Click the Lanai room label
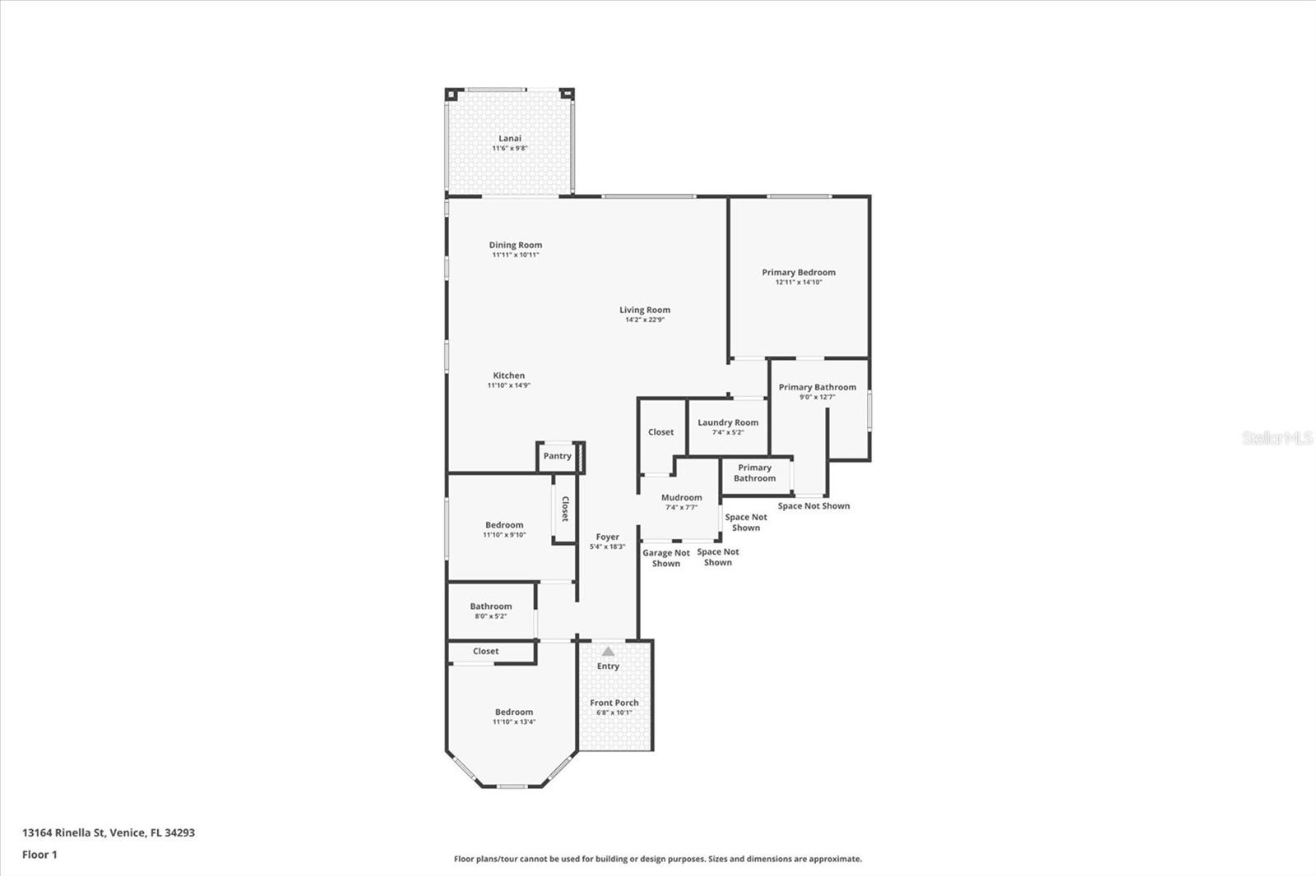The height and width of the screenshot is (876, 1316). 510,138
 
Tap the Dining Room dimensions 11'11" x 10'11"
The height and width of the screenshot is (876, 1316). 515,255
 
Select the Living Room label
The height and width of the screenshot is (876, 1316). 645,310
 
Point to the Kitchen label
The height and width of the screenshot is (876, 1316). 508,376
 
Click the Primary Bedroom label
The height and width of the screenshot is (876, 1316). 798,272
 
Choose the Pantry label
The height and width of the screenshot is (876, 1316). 557,456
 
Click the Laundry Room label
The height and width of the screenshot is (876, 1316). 728,422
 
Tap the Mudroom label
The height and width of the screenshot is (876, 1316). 681,497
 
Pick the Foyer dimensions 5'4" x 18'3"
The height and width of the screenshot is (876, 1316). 607,546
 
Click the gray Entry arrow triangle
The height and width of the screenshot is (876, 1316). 608,651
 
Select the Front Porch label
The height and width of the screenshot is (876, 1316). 614,703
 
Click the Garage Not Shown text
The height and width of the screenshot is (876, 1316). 666,558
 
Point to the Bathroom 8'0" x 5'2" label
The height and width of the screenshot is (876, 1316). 491,606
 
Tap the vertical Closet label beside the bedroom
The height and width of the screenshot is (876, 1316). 565,509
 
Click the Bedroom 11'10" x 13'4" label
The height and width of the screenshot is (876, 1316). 513,712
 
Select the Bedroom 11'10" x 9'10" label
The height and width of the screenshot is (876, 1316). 504,525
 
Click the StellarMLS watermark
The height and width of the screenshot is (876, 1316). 1277,438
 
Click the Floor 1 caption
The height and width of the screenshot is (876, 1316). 39,855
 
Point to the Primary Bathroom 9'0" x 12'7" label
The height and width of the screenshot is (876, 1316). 817,387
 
